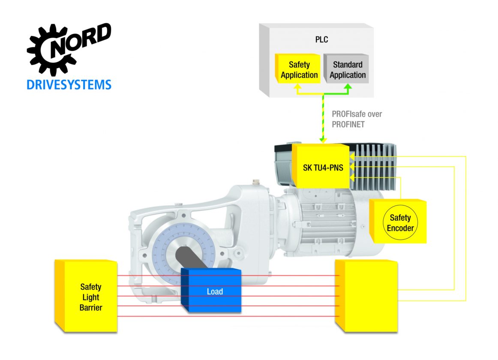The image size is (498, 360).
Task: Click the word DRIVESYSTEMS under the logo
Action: point(69,84)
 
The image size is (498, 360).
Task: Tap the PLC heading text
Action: point(321,40)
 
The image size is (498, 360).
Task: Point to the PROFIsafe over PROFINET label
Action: point(357,119)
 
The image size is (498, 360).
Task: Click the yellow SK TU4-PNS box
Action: point(321,166)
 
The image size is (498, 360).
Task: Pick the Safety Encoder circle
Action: point(400,222)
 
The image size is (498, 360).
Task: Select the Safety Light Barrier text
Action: point(91,297)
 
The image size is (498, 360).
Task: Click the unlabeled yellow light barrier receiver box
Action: point(369,296)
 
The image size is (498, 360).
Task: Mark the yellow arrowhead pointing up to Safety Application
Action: point(296,87)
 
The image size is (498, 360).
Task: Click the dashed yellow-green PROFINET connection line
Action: point(322,118)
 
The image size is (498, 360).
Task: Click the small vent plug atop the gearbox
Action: point(256,183)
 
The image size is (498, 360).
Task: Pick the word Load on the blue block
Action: point(215,291)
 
